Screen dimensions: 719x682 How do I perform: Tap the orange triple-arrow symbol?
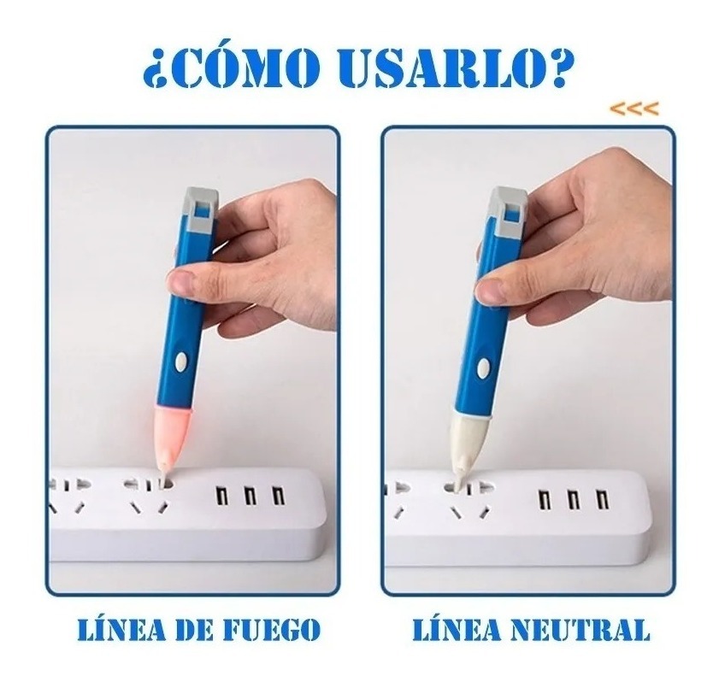click(x=634, y=109)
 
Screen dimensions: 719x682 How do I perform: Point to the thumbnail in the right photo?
click(x=489, y=288)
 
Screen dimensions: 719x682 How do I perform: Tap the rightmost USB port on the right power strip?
click(x=601, y=498)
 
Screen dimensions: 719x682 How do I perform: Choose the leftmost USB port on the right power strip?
click(x=545, y=500)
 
